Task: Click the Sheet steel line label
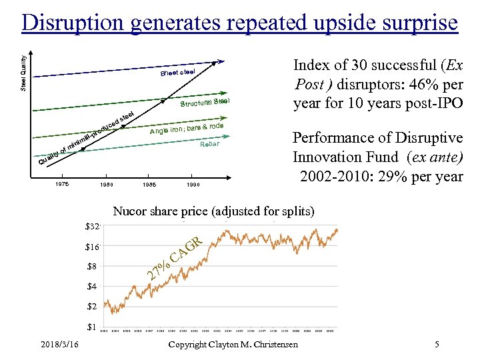click(x=177, y=72)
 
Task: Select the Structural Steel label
click(x=205, y=103)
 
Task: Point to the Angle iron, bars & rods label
click(x=186, y=129)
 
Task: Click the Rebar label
click(x=210, y=145)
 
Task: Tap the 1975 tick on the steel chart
click(x=63, y=184)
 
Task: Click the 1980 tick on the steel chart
click(x=107, y=185)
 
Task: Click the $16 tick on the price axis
click(x=93, y=247)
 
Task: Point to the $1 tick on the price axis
click(x=93, y=327)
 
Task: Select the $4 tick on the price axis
click(x=93, y=287)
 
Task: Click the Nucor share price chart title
click(x=213, y=212)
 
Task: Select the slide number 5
click(x=436, y=345)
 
